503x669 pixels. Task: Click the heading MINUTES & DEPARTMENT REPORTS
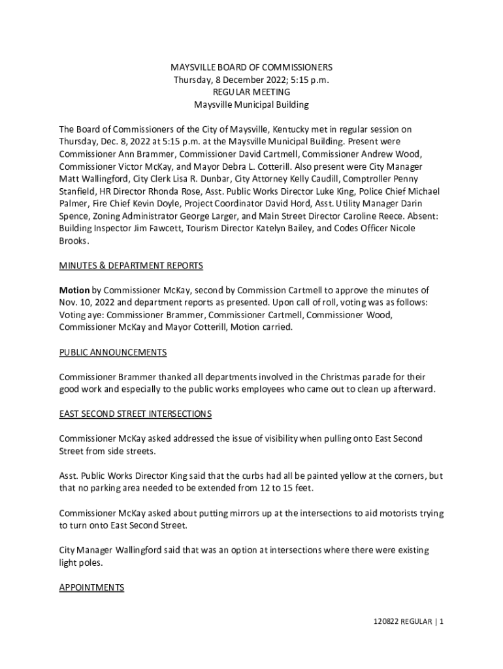pyautogui.click(x=131, y=266)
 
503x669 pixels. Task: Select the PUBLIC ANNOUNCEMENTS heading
pyautogui.click(x=113, y=353)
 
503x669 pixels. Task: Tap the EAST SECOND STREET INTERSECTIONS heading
pyautogui.click(x=135, y=414)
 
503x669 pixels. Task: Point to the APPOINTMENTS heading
pyautogui.click(x=91, y=588)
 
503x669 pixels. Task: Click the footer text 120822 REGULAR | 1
pyautogui.click(x=405, y=621)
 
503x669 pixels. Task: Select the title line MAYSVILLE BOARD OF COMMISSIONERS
pyautogui.click(x=252, y=67)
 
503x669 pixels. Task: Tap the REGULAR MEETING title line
pyautogui.click(x=252, y=92)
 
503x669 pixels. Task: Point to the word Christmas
pyautogui.click(x=327, y=378)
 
